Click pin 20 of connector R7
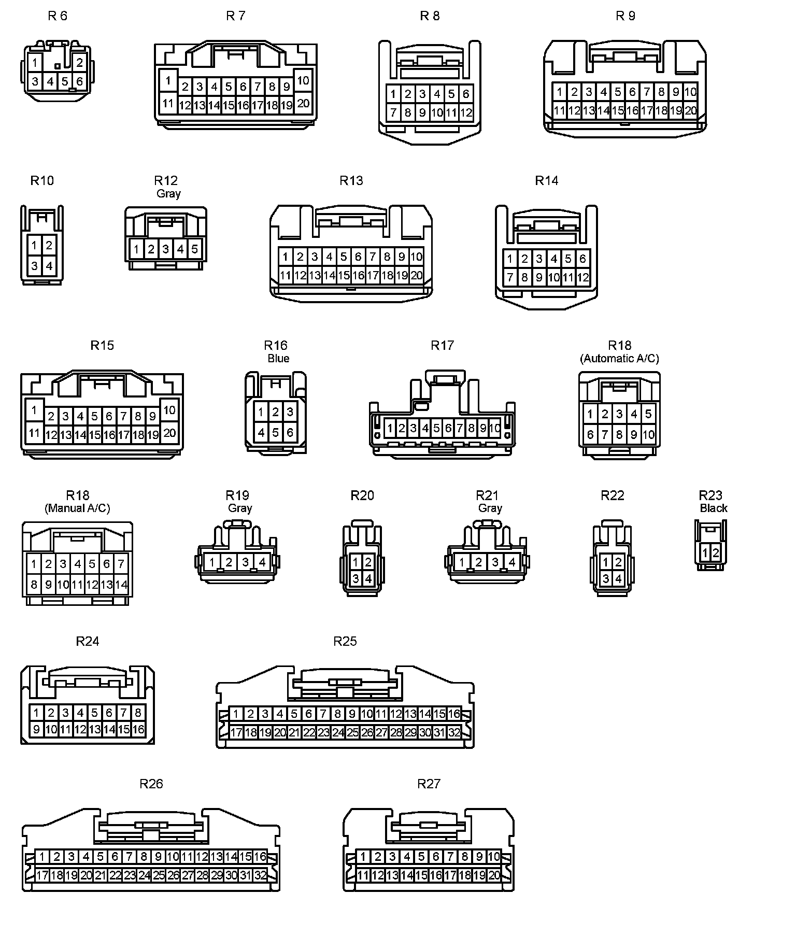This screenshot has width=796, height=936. [303, 103]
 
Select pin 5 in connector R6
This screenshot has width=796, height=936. [65, 81]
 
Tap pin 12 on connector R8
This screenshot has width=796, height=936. [466, 112]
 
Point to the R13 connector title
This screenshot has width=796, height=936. [351, 180]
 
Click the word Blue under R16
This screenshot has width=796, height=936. [278, 358]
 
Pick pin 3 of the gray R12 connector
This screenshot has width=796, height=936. [165, 249]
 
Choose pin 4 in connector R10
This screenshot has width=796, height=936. [49, 266]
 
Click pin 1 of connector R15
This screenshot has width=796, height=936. [34, 410]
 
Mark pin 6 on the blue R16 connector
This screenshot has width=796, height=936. [290, 432]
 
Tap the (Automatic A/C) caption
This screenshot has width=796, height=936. [619, 358]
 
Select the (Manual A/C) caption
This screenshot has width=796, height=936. [77, 508]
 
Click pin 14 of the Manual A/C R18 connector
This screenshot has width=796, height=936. [121, 585]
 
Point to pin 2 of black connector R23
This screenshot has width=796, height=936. [716, 552]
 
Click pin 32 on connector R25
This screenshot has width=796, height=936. [454, 732]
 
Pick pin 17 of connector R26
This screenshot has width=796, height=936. [42, 875]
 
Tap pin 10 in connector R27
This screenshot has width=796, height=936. [494, 857]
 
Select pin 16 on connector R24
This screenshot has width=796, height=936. [138, 730]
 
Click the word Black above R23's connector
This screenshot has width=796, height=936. [714, 508]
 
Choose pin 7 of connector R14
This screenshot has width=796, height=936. [510, 277]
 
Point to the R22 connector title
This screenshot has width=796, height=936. [613, 495]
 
